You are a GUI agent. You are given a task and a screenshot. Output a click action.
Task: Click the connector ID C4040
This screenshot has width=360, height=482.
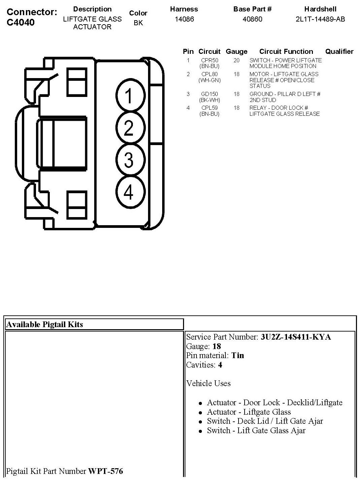point(21,22)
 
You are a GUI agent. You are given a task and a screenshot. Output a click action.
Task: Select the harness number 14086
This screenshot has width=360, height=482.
point(184,19)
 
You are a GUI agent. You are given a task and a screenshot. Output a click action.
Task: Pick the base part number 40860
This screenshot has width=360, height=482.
point(252,19)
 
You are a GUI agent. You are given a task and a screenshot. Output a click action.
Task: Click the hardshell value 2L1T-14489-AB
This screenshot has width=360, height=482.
point(320,19)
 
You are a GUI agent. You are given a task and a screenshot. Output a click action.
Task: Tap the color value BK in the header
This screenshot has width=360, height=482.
point(138,23)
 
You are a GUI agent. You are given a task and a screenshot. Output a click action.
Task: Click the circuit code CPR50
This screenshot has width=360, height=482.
point(210,60)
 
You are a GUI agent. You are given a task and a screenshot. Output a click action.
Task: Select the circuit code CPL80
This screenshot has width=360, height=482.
point(210,74)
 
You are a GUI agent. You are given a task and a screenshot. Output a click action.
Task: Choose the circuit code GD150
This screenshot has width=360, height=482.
point(210,94)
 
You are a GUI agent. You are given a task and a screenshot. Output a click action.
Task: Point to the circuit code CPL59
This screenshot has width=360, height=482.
point(210,108)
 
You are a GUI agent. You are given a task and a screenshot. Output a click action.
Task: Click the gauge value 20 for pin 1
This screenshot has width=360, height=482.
point(237,60)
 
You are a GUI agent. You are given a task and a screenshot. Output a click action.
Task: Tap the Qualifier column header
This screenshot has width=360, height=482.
point(339,51)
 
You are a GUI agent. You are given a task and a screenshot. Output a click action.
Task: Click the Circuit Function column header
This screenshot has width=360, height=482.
point(286,51)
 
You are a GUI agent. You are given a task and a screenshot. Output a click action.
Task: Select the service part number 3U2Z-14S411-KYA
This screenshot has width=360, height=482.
point(296,337)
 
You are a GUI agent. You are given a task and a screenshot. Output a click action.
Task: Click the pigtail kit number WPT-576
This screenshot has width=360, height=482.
point(106,471)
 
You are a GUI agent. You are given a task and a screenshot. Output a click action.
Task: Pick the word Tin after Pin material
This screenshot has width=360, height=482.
point(238,355)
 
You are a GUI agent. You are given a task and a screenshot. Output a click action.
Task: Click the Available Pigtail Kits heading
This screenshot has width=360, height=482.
point(45,324)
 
